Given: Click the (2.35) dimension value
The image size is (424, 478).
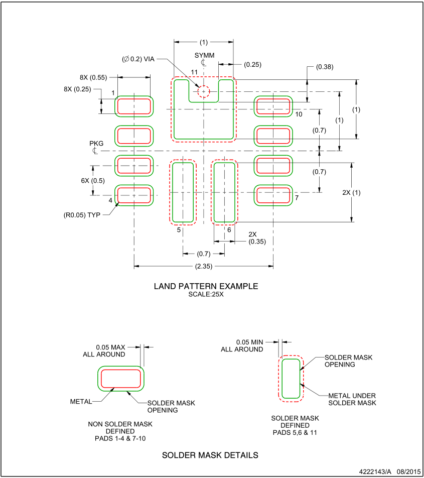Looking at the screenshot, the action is (204, 266).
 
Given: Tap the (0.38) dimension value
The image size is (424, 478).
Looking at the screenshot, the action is (324, 67).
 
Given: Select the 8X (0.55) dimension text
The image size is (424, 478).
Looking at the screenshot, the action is (93, 77).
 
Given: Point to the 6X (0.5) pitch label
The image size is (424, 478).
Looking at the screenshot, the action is (93, 180).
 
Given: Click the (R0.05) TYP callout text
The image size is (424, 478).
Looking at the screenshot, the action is (82, 215).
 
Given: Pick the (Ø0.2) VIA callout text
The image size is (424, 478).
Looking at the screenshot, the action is (138, 59).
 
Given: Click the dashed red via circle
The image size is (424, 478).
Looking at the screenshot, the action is (204, 91).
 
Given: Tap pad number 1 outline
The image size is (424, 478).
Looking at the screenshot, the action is (134, 106).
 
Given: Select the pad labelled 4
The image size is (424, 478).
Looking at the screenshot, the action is (134, 195).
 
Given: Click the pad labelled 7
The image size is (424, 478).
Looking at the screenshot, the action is (273, 195).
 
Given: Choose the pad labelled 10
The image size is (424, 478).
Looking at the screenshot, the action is (273, 106).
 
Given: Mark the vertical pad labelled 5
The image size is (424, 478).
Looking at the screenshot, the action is (183, 192).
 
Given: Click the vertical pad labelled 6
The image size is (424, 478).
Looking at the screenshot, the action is (224, 192).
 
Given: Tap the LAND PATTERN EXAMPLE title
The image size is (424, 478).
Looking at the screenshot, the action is (206, 286).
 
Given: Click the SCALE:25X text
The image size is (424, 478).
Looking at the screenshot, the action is (206, 294).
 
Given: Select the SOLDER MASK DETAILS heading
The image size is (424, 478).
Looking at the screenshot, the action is (210, 455).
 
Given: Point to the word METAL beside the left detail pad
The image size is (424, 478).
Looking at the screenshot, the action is (81, 402).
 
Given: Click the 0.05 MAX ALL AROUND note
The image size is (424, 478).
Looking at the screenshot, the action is (104, 351).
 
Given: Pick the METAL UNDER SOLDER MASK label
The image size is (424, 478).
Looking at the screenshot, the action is (352, 399).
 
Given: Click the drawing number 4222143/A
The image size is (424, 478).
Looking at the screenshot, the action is (375, 471).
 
